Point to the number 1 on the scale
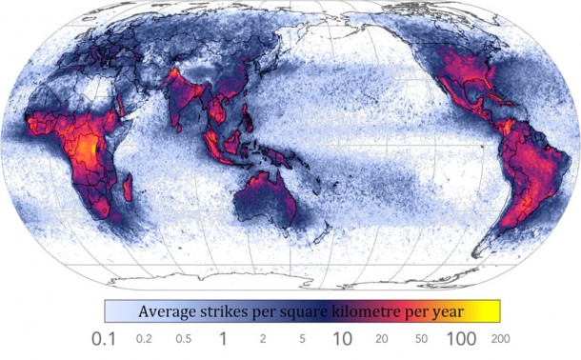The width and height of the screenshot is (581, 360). (222, 338)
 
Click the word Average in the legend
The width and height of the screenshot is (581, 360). (170, 311)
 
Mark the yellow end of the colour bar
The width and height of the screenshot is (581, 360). (491, 311)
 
